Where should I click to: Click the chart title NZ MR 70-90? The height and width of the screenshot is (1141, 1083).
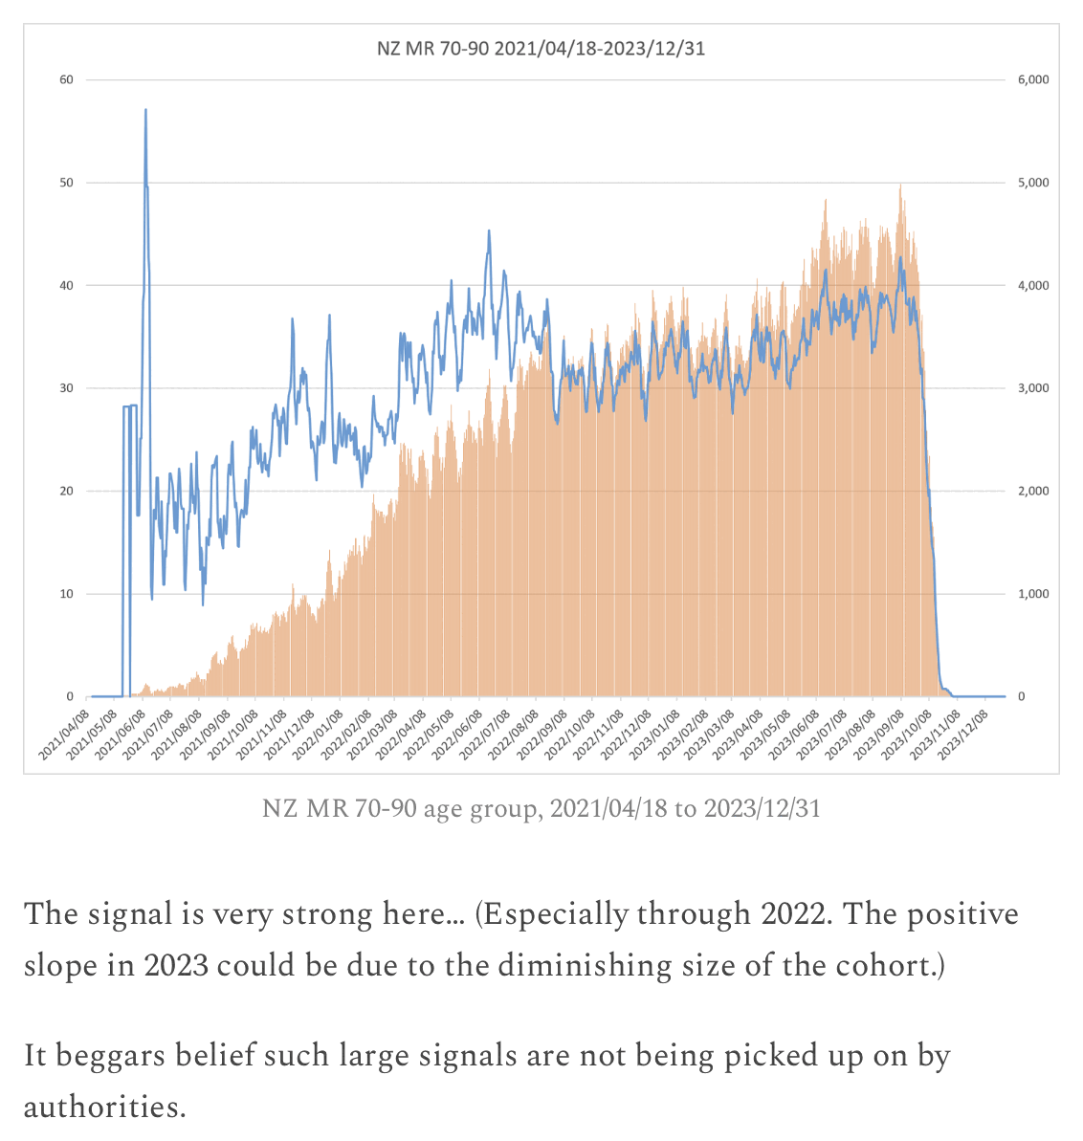[x=541, y=48]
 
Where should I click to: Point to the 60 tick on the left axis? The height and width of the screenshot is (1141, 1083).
[x=67, y=79]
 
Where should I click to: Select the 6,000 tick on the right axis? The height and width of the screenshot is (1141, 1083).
[x=1033, y=79]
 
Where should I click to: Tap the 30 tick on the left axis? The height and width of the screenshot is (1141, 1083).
[x=67, y=388]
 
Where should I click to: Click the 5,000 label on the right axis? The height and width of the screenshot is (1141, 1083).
[x=1033, y=183]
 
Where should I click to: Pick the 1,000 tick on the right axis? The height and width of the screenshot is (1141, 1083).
[x=1033, y=594]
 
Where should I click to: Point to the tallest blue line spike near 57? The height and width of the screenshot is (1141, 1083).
[x=145, y=111]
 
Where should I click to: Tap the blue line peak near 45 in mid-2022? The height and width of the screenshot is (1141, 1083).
[x=489, y=230]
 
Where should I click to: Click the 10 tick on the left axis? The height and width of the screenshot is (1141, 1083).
[x=67, y=594]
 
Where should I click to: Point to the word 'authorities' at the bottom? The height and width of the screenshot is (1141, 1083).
[x=102, y=1108]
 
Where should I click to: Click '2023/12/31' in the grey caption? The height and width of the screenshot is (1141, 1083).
[x=763, y=809]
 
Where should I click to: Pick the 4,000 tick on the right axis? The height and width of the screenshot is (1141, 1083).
[x=1033, y=285]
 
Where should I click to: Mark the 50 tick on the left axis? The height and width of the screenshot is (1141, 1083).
[x=67, y=183]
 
